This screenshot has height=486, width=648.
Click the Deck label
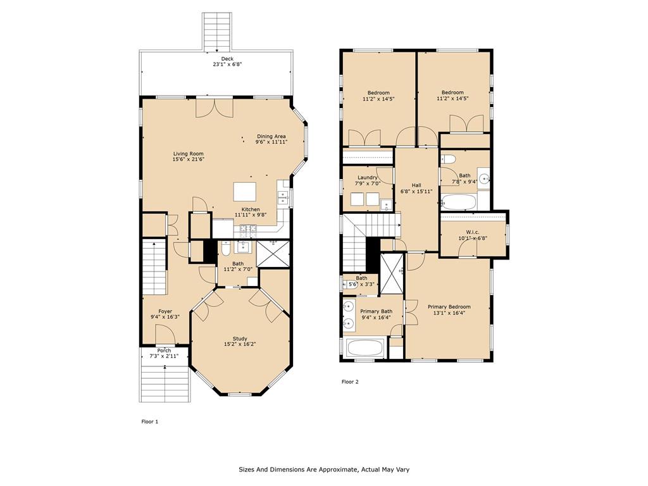(x=227, y=59)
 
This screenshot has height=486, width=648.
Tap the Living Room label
(x=188, y=154)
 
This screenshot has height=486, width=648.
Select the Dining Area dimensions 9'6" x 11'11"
(x=271, y=142)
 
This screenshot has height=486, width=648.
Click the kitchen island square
(x=245, y=192)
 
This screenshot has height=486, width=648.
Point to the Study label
(x=240, y=339)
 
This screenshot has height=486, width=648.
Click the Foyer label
(x=165, y=311)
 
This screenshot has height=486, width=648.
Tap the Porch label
(x=164, y=351)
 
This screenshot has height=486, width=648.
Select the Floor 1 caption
(x=149, y=421)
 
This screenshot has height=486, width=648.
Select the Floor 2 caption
(x=350, y=382)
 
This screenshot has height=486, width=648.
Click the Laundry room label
(x=368, y=178)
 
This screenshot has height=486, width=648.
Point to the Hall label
(x=416, y=185)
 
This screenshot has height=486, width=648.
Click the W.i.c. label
(x=473, y=232)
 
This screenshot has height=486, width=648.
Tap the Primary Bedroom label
(x=449, y=307)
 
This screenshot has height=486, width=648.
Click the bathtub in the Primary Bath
(x=366, y=348)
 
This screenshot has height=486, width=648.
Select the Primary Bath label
(x=376, y=311)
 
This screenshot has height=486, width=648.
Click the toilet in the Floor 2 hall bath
(x=448, y=159)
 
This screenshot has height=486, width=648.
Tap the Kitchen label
(x=251, y=209)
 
